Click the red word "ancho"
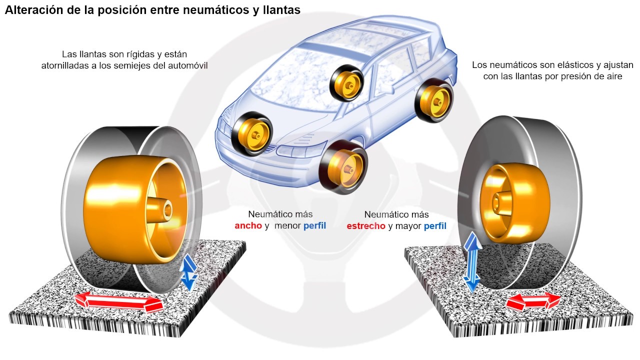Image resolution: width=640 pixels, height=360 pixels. point(248,225)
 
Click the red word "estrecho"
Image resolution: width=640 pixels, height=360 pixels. point(366,226)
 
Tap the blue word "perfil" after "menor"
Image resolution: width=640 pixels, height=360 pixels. point(314,225)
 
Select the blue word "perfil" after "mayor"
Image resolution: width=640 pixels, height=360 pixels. point(435,226)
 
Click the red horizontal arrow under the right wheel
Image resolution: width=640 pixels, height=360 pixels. point(533,301)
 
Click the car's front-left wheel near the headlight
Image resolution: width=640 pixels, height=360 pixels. point(251,133)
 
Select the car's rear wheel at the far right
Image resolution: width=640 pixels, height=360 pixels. point(434,102)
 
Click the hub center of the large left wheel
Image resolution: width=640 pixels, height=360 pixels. point(165,209)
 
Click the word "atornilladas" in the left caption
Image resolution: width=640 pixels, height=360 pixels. point(66,65)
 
